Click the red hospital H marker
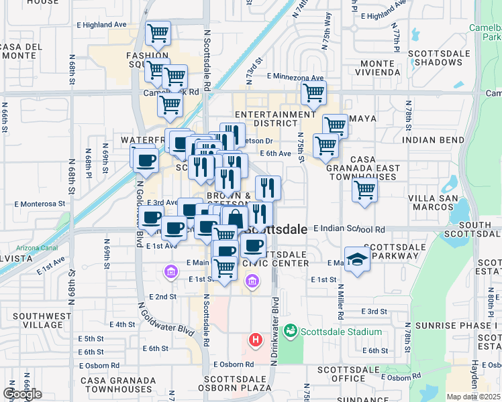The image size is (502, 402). (x=255, y=340)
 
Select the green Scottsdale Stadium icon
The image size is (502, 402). (x=291, y=330)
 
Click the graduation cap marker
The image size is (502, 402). (x=357, y=260)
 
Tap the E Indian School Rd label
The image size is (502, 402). (x=348, y=229)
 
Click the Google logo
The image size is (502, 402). (x=22, y=393)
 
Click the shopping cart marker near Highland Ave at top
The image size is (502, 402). (x=158, y=31)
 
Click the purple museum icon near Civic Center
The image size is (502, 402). (x=252, y=282)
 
